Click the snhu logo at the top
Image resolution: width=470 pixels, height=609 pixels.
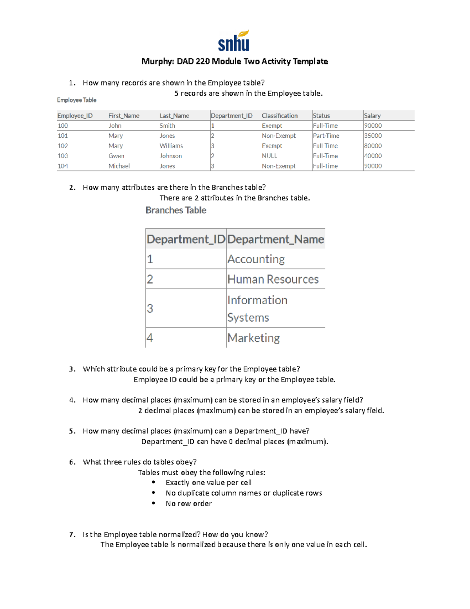(234, 41)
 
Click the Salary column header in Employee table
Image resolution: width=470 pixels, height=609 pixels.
(372, 116)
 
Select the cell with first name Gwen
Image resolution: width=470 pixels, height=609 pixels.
(116, 156)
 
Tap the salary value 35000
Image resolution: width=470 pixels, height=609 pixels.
(373, 136)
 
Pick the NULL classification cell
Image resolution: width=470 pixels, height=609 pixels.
(269, 156)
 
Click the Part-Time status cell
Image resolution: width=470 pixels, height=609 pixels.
(326, 136)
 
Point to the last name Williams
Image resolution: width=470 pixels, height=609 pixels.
(171, 145)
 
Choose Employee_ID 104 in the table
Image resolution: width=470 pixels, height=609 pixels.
(63, 166)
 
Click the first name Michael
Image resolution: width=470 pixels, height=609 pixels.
(119, 166)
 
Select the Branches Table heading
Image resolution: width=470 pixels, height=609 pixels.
(176, 210)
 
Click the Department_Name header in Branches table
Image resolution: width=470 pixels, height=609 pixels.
(275, 239)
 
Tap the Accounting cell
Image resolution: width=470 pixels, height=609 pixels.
(256, 259)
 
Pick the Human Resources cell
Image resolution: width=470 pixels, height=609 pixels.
(273, 279)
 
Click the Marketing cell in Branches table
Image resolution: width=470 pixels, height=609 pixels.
(253, 338)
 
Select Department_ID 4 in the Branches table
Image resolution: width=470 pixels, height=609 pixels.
(150, 338)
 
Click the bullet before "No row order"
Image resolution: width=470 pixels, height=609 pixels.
(154, 503)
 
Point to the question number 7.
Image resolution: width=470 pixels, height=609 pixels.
(72, 534)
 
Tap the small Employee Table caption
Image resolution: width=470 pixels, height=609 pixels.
(76, 100)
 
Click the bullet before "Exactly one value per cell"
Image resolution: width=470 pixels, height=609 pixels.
(154, 482)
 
